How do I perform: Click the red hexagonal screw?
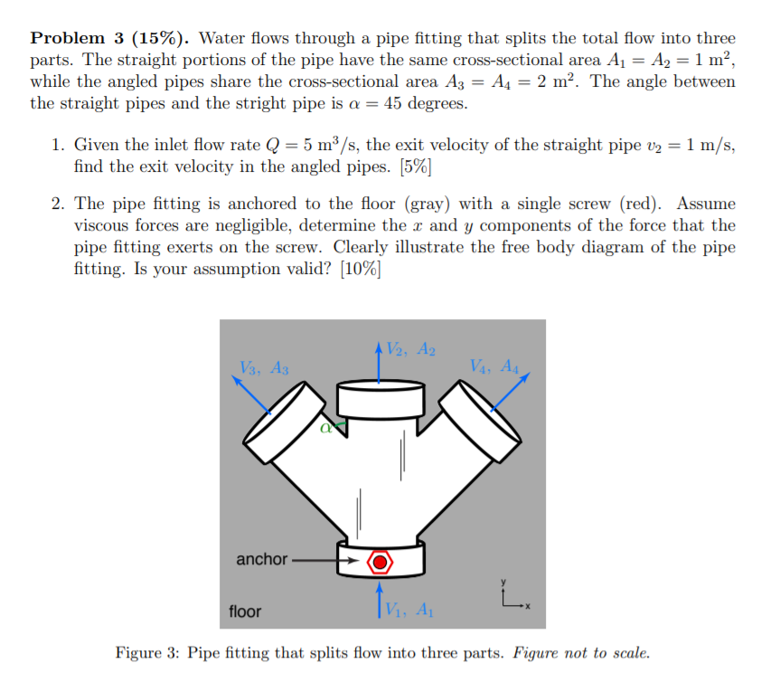tap(381, 562)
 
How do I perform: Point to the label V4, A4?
tap(494, 366)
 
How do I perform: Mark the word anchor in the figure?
tap(261, 559)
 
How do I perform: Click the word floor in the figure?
tap(245, 611)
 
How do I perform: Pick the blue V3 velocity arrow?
tap(253, 393)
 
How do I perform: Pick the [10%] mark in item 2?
tap(358, 268)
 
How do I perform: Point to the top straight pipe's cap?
tap(381, 398)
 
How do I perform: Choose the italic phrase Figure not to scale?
tap(580, 653)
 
